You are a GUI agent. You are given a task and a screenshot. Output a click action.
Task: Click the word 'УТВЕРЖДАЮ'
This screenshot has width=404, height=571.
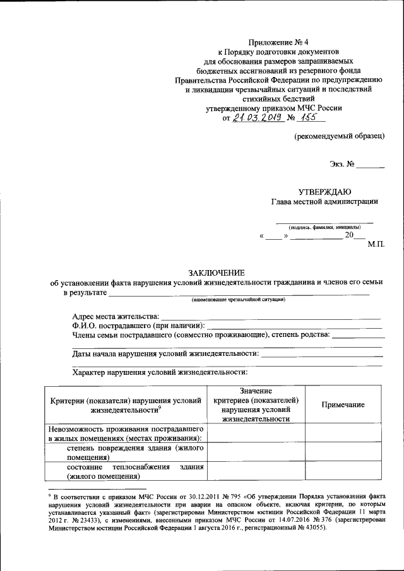coord(325,191)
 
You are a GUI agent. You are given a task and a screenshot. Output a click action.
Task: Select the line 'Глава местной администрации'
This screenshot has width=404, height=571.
coord(324,202)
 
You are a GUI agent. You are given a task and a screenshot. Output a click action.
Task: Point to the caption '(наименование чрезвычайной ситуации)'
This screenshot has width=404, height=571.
coord(239,300)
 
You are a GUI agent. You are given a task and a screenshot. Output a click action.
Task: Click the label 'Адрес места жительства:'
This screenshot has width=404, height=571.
coord(116,315)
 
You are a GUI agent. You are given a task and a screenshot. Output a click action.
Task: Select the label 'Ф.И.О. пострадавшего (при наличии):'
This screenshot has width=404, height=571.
coord(138,324)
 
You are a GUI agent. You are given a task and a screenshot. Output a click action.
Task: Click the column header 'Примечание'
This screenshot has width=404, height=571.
coord(343,405)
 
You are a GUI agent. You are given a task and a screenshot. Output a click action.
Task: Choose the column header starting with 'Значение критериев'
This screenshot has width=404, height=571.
coord(256,405)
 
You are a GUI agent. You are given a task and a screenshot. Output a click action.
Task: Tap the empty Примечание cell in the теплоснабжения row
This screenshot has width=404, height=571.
coord(343,471)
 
